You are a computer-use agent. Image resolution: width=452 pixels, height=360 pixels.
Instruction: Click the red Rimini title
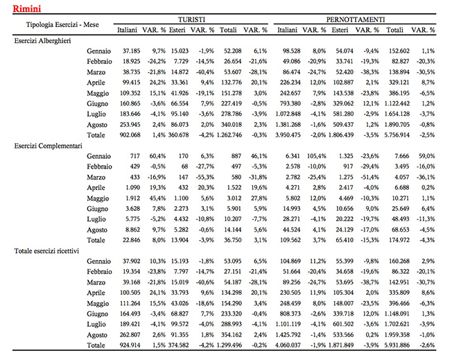point(27,8)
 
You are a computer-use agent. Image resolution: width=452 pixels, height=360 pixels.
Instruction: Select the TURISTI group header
point(191,19)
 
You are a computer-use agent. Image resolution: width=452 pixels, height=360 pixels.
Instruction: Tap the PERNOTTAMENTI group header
point(356,19)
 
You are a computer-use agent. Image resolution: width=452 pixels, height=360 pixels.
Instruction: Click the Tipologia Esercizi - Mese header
point(62,24)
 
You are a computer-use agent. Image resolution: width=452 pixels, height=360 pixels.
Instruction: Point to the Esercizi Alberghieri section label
point(43,41)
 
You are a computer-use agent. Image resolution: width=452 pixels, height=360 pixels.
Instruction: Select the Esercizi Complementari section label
point(49,146)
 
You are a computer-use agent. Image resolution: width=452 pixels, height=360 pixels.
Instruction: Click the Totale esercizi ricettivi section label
point(46,250)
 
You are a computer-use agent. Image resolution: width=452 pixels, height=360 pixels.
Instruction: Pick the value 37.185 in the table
point(131,51)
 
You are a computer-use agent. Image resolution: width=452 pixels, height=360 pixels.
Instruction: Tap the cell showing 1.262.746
point(229,135)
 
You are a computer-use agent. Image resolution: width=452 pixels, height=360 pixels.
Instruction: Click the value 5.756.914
point(397,135)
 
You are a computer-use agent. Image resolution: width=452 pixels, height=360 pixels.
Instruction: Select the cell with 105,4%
point(317,156)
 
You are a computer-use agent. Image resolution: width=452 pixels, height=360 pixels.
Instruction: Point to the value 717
point(134,156)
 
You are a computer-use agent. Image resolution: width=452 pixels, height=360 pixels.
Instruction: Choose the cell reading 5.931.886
point(397,345)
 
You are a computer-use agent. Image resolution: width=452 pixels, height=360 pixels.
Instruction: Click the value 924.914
point(130,345)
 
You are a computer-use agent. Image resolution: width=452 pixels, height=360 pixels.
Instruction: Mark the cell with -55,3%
point(205,177)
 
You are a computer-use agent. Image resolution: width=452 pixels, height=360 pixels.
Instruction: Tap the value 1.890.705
point(397,125)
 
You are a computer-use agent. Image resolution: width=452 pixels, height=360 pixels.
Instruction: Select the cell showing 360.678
point(178,135)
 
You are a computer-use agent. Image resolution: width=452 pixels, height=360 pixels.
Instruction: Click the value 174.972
point(399,240)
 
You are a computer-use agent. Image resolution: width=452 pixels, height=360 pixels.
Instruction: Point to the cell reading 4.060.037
point(288,345)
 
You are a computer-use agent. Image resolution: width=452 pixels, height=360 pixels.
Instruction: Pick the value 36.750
point(233,240)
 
